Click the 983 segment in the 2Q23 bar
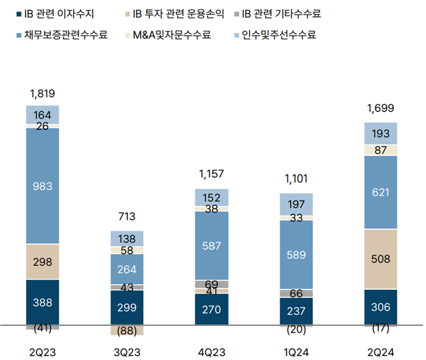point(42,186)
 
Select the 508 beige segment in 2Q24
point(380,259)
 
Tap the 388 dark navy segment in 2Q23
point(42,302)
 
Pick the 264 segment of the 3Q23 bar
point(127,269)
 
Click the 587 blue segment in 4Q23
point(211,245)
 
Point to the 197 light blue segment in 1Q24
point(296,204)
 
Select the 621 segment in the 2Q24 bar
point(380,192)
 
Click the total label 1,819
point(42,93)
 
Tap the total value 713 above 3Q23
point(127,217)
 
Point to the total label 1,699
point(380,109)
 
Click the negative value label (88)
point(127,331)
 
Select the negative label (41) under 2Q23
point(42,328)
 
